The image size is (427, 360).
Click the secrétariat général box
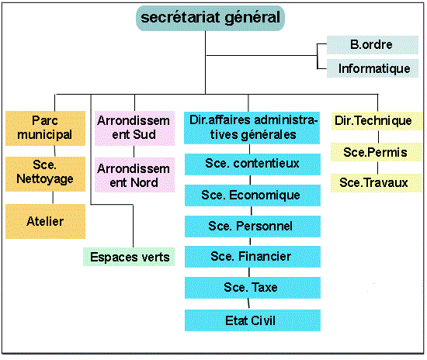(x=210, y=18)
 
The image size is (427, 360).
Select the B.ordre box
(x=372, y=45)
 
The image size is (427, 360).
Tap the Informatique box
(x=372, y=68)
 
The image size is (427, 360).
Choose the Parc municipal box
(x=45, y=128)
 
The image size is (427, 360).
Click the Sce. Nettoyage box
(x=45, y=174)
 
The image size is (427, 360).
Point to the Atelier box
(x=45, y=221)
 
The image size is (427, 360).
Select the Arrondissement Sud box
(x=134, y=128)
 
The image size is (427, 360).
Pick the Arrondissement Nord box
(x=134, y=175)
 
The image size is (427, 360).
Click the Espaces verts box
(x=129, y=257)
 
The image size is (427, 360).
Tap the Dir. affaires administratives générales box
(x=252, y=127)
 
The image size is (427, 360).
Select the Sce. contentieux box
(x=252, y=164)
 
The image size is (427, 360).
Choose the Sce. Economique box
(x=252, y=196)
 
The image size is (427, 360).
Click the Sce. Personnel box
(x=252, y=227)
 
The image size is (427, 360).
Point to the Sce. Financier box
(x=252, y=257)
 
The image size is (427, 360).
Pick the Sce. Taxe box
(x=252, y=288)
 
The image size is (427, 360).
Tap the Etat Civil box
(x=252, y=320)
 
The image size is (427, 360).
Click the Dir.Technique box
(x=377, y=121)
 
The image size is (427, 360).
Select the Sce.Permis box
(x=377, y=152)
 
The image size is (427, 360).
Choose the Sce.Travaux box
(x=377, y=183)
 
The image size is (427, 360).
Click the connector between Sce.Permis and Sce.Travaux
(x=378, y=168)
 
